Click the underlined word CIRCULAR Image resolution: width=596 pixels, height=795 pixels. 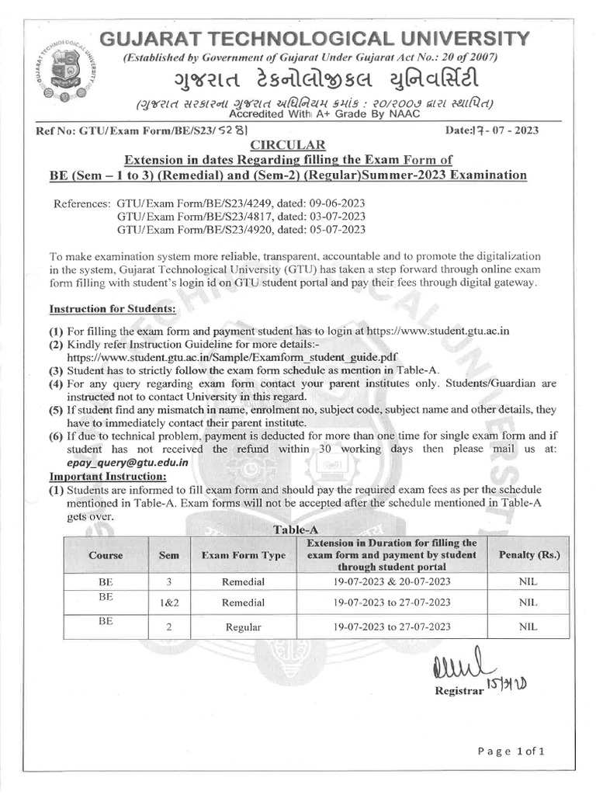pyautogui.click(x=283, y=145)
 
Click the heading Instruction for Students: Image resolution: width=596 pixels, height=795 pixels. pyautogui.click(x=113, y=308)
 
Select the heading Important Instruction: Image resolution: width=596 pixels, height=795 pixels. pyautogui.click(x=108, y=475)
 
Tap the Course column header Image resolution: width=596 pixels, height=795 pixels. pyautogui.click(x=106, y=556)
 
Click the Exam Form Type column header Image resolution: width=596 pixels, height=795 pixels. pyautogui.click(x=243, y=556)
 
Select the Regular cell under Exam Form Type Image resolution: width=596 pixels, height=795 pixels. pyautogui.click(x=243, y=627)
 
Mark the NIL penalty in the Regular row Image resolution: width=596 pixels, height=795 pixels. pyautogui.click(x=528, y=626)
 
